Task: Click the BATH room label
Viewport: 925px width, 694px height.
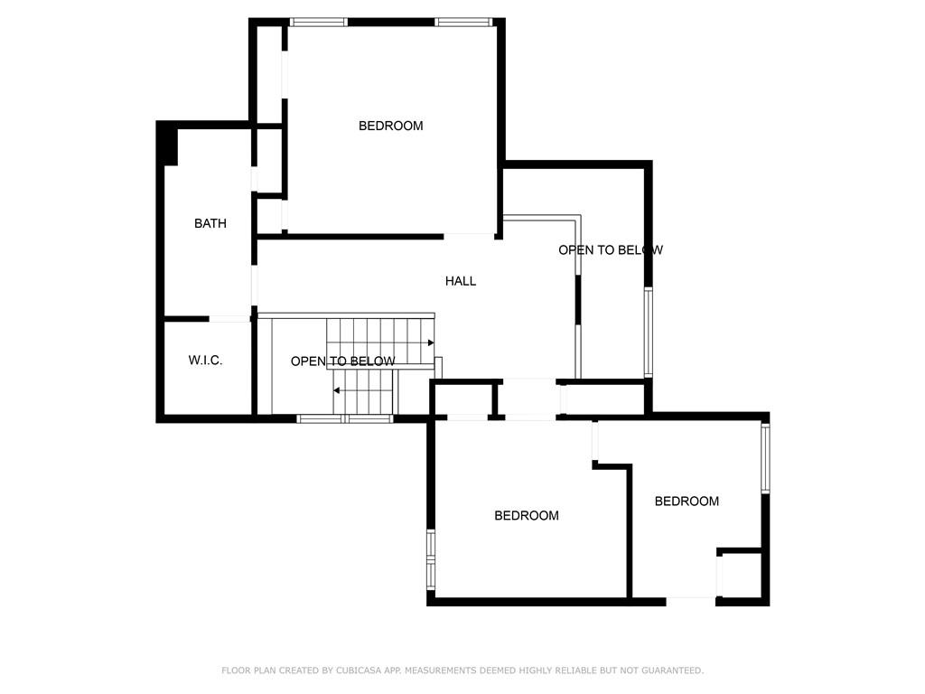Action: (210, 223)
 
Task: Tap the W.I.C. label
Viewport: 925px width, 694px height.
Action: (205, 360)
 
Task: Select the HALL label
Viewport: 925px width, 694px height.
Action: (460, 281)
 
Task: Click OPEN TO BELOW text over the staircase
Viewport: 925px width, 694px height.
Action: (342, 361)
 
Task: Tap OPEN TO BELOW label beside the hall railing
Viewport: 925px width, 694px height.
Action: (611, 250)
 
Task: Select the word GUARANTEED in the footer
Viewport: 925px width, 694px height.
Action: (672, 671)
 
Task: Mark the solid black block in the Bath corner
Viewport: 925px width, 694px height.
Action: (167, 144)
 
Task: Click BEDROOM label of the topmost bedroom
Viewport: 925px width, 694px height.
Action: (390, 126)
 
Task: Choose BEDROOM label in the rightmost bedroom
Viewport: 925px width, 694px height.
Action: (687, 501)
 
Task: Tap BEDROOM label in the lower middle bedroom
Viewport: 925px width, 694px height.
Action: (527, 516)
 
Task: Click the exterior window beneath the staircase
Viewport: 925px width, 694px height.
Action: (344, 419)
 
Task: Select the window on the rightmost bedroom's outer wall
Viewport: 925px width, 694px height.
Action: (765, 458)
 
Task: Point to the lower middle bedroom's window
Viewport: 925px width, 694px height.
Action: (431, 559)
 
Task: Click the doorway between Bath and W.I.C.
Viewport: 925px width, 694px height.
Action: (230, 319)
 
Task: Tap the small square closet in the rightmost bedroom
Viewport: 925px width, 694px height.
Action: (741, 576)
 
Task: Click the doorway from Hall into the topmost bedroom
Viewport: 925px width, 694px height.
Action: (469, 237)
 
